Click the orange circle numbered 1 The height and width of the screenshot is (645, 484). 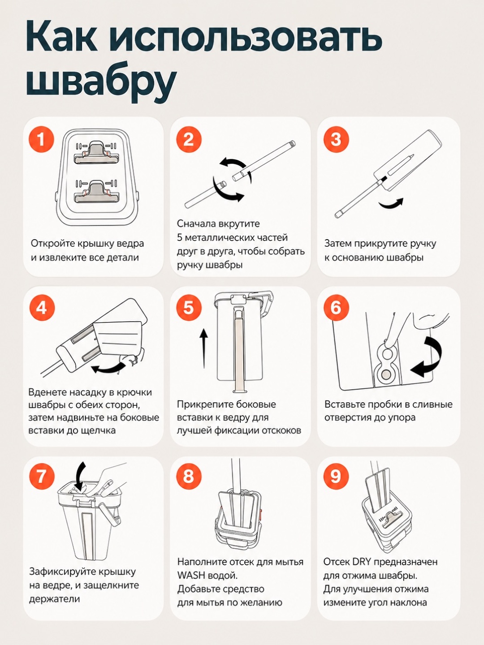tap(41, 140)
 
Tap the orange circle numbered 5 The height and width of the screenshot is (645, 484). tap(189, 308)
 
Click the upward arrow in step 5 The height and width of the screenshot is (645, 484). tap(204, 348)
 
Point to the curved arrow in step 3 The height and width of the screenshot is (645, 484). tap(391, 204)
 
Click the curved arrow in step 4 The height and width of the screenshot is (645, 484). tap(109, 368)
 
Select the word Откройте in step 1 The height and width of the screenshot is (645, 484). tap(53, 244)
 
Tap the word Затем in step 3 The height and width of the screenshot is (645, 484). tap(338, 244)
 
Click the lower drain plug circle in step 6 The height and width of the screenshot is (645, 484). tap(386, 374)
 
